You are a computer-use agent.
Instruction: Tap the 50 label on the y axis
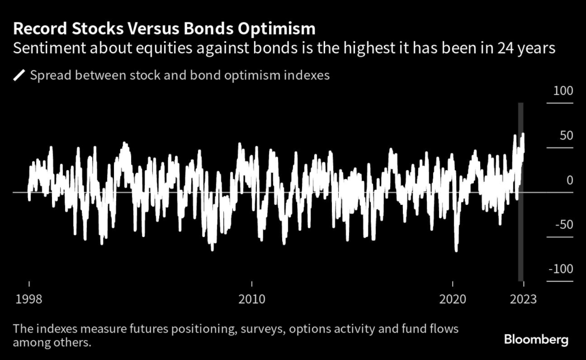coord(565,136)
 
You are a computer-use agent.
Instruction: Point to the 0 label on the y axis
coord(569,180)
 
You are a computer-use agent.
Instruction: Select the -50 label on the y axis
coord(564,224)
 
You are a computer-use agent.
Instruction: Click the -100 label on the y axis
coord(561,269)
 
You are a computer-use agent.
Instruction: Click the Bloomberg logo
coord(536,339)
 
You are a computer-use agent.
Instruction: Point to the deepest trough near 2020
coord(456,250)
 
